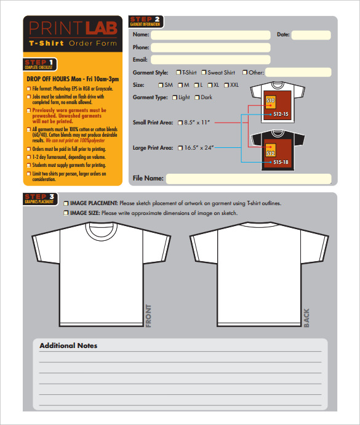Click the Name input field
pos(210,35)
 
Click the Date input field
pos(311,35)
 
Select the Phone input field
pos(210,47)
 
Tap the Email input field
pos(210,60)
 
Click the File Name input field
pos(249,179)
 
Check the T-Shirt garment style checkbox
pos(178,73)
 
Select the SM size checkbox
pos(161,85)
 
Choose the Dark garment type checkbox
pos(198,97)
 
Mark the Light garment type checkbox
pos(175,97)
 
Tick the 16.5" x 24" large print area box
pos(180,148)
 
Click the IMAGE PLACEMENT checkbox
pos(66,203)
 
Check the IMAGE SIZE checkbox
pos(66,213)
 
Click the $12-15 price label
pos(281,114)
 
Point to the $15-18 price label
pos(281,162)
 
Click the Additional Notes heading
pos(68,346)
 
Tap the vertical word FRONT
pos(148,315)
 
